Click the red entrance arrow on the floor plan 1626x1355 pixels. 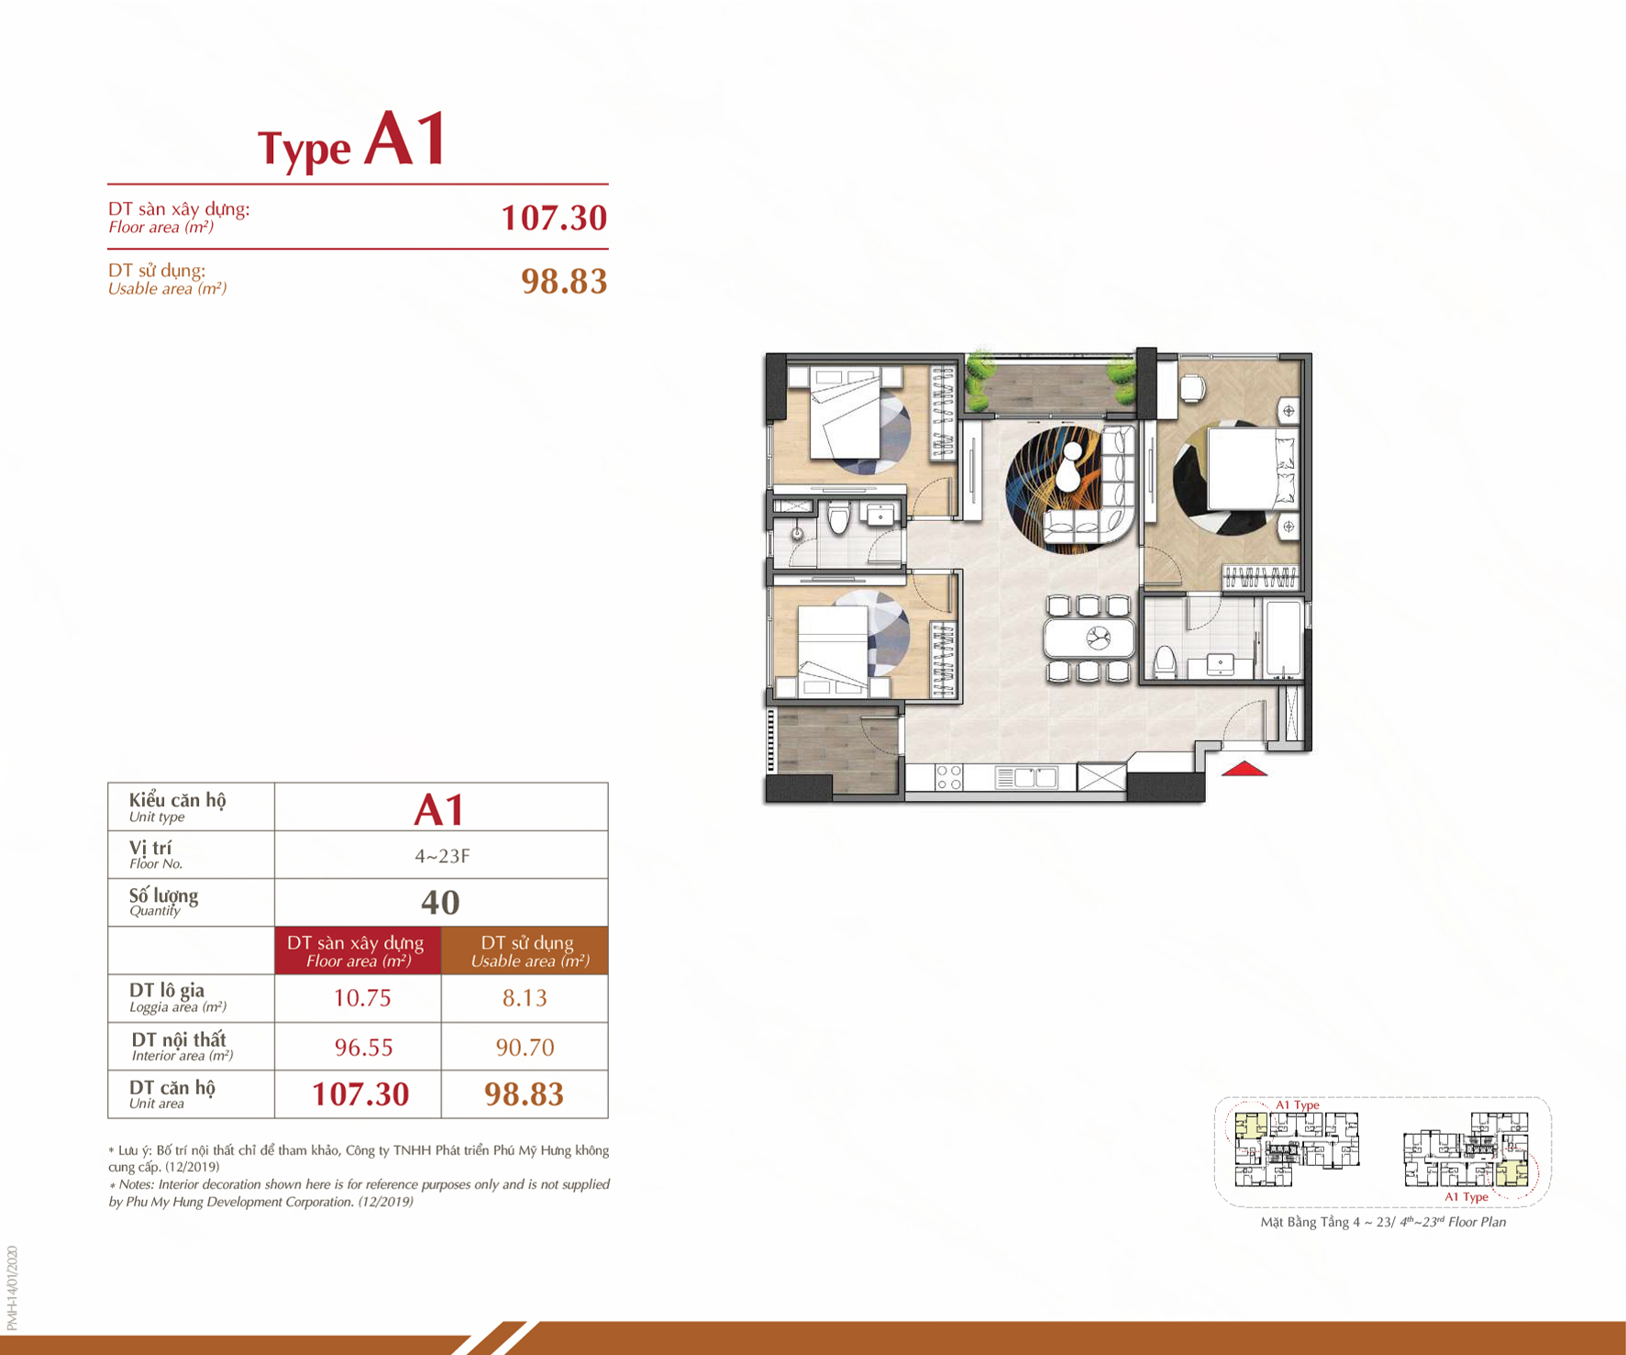[1244, 769]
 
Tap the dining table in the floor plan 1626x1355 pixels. [1089, 638]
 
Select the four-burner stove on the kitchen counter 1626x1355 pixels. [948, 778]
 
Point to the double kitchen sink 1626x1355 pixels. [1026, 778]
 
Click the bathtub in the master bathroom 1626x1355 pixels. [1283, 639]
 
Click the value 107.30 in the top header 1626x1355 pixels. [554, 217]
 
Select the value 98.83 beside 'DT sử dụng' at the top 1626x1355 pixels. [564, 281]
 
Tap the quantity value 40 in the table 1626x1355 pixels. [440, 902]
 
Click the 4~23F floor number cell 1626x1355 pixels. [442, 856]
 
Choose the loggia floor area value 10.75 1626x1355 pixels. [362, 998]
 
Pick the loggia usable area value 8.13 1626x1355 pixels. [525, 998]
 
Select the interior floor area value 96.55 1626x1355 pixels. [363, 1047]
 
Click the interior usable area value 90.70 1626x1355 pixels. [525, 1047]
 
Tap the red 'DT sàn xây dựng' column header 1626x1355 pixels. [358, 950]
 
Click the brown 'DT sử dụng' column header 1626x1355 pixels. [525, 950]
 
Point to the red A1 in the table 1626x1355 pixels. [439, 809]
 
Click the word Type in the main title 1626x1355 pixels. [304, 148]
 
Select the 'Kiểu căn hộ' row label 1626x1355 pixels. [177, 800]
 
